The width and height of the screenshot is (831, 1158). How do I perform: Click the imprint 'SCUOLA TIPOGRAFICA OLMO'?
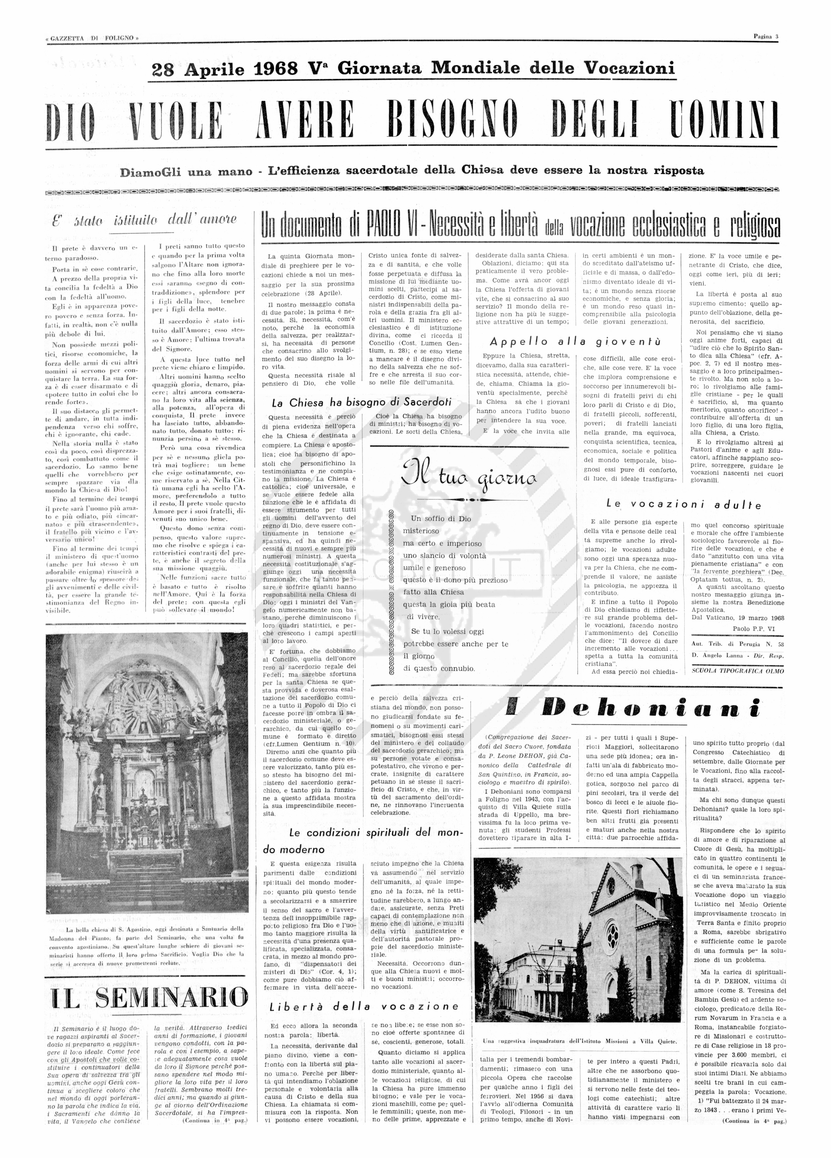point(737,671)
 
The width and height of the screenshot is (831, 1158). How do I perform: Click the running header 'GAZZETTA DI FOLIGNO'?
point(92,38)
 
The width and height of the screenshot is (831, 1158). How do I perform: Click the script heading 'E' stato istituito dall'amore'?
point(145,220)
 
